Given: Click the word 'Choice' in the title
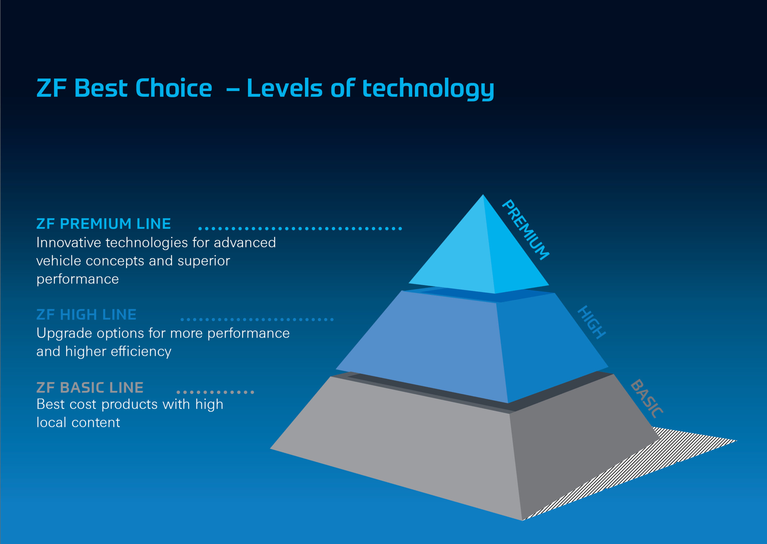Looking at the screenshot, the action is pyautogui.click(x=173, y=88).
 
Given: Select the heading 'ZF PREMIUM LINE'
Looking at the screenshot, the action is pyautogui.click(x=103, y=224).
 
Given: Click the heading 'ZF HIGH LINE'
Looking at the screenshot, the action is pyautogui.click(x=86, y=315).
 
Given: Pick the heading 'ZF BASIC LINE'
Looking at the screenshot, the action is pyautogui.click(x=90, y=388).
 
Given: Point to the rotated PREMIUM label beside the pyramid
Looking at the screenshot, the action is pyautogui.click(x=526, y=230).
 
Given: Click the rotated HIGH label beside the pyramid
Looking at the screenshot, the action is pyautogui.click(x=592, y=322).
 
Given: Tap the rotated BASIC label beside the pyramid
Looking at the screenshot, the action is pyautogui.click(x=647, y=399).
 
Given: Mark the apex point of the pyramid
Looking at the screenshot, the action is pyautogui.click(x=483, y=195).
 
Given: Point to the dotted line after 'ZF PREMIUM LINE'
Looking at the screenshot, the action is pyautogui.click(x=300, y=229).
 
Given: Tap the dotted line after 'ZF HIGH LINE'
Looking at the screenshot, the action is pyautogui.click(x=257, y=319).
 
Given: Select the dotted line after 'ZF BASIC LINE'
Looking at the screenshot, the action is pyautogui.click(x=215, y=392).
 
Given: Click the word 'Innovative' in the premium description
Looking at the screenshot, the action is pyautogui.click(x=69, y=243).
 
